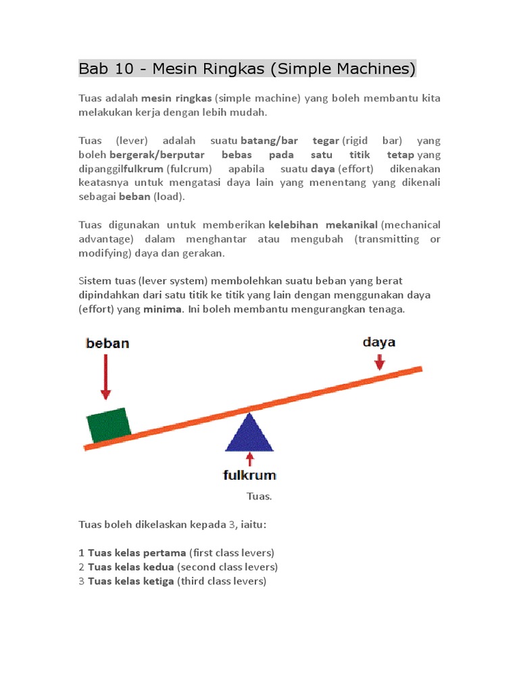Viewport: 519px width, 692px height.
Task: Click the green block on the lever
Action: (x=109, y=425)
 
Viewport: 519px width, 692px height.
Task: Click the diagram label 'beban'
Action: (x=107, y=343)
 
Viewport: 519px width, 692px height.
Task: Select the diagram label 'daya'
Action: (x=379, y=342)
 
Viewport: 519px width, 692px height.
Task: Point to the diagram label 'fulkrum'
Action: (x=249, y=476)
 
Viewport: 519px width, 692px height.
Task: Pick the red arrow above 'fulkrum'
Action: (x=249, y=460)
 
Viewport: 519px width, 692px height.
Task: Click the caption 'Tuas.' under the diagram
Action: (x=259, y=496)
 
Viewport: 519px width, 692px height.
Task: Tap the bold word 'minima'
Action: (x=163, y=309)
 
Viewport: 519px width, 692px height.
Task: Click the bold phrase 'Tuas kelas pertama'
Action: (x=137, y=553)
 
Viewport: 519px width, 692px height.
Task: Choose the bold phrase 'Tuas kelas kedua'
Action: (x=131, y=567)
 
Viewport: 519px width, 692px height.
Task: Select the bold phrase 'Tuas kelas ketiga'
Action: (x=131, y=581)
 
